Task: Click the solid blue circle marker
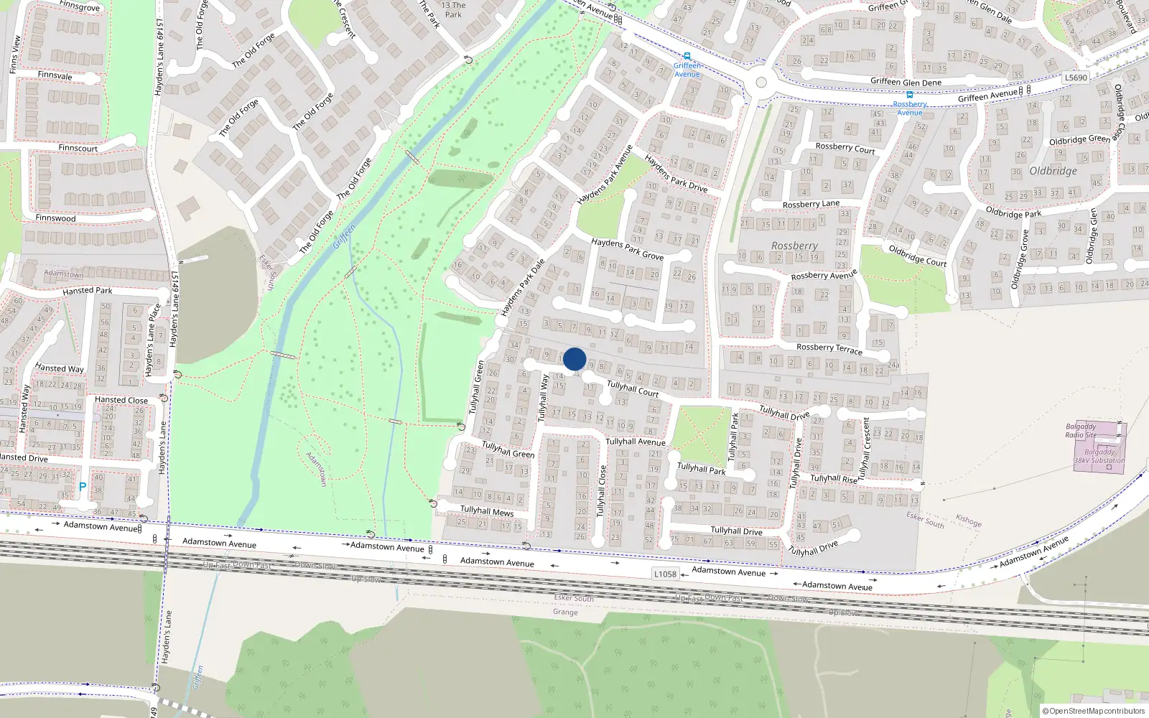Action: [574, 359]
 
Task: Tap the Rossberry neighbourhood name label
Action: [794, 246]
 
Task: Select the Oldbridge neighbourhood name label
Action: [1053, 171]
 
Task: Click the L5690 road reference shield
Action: [1076, 78]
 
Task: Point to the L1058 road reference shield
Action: [665, 574]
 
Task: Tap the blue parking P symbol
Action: [83, 487]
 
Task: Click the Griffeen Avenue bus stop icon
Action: [687, 56]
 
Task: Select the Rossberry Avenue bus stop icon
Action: [909, 95]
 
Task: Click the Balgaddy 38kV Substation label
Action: [1099, 456]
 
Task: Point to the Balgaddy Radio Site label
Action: [1081, 430]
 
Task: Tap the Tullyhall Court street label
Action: [633, 388]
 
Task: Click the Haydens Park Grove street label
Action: [627, 248]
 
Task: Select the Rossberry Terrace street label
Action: [829, 348]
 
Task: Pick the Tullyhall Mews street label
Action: [487, 511]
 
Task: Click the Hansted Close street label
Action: [121, 400]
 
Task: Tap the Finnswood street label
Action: [55, 218]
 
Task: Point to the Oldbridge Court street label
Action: [917, 256]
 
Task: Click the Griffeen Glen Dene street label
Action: [906, 82]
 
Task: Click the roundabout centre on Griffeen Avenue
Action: [761, 83]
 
